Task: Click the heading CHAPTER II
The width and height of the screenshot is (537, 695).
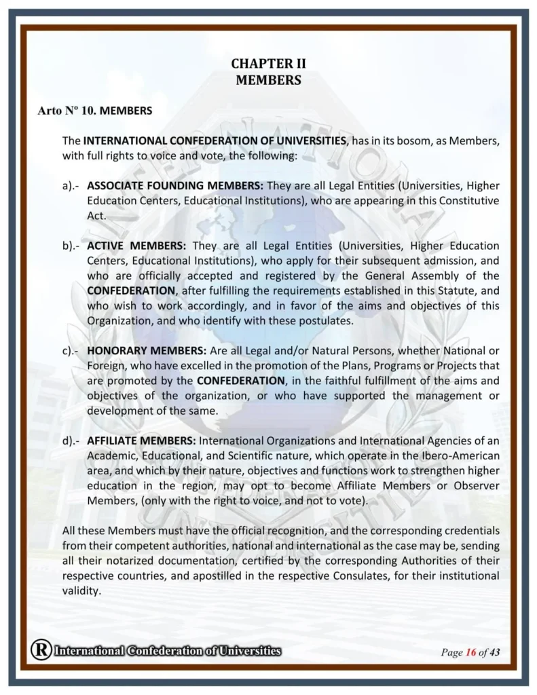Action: (268, 64)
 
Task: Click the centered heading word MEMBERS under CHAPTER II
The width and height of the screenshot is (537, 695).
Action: (268, 80)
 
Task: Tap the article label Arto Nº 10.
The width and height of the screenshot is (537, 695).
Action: (67, 109)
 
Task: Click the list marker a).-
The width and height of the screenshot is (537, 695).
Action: (71, 185)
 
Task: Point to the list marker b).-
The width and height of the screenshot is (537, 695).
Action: (71, 245)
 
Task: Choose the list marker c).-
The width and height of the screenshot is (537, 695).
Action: (71, 350)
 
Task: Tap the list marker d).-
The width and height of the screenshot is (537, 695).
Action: (71, 440)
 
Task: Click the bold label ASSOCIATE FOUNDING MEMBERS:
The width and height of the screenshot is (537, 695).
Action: (175, 185)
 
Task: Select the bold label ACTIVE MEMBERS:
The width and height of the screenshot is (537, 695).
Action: (136, 245)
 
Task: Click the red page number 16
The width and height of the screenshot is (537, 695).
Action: (470, 653)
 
